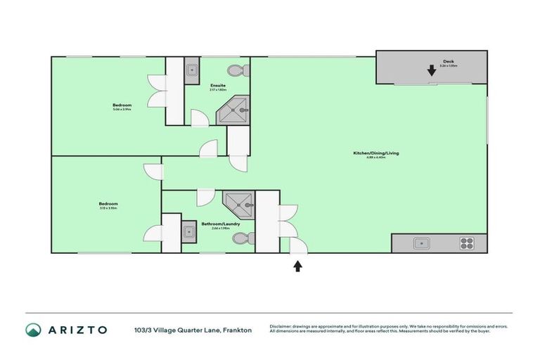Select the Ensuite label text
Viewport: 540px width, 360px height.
pyautogui.click(x=217, y=86)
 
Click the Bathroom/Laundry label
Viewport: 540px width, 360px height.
pyautogui.click(x=221, y=224)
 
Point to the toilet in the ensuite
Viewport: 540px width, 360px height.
pyautogui.click(x=237, y=70)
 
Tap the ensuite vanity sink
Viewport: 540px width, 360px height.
pyautogui.click(x=192, y=70)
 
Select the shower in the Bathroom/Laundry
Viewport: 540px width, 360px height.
pyautogui.click(x=240, y=205)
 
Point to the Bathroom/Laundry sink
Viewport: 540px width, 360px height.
pyautogui.click(x=188, y=231)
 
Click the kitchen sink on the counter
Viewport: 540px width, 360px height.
pyautogui.click(x=423, y=243)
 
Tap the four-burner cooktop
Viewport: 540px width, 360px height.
pyautogui.click(x=467, y=243)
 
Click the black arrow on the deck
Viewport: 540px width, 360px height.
pyautogui.click(x=431, y=70)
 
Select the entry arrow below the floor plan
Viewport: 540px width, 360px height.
pyautogui.click(x=298, y=265)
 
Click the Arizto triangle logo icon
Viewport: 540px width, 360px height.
pyautogui.click(x=33, y=329)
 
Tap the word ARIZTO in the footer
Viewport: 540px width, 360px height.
pyautogui.click(x=78, y=329)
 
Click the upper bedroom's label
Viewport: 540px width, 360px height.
pyautogui.click(x=122, y=105)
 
